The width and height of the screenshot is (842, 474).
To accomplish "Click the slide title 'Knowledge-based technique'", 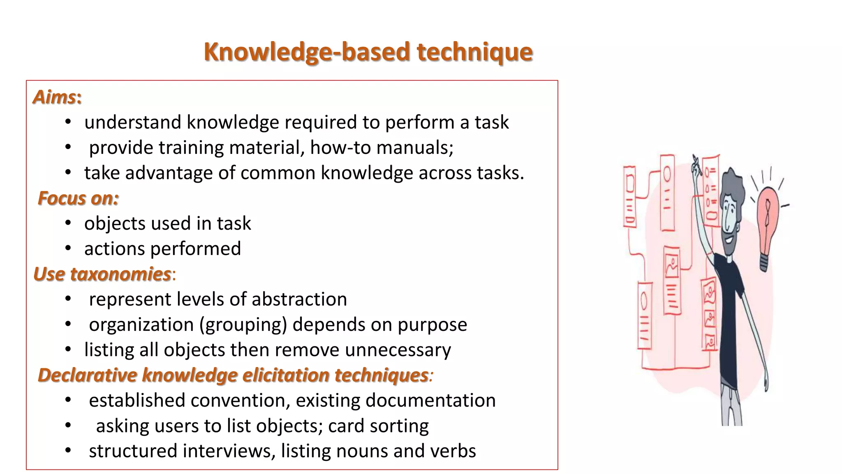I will [368, 52].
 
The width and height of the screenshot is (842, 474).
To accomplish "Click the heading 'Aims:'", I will [57, 98].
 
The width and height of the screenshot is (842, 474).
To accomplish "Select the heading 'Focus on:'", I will [78, 198].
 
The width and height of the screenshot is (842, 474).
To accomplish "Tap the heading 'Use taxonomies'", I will [102, 274].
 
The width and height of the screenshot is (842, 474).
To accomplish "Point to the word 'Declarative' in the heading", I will [88, 375].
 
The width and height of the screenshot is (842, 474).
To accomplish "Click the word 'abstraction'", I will [299, 299].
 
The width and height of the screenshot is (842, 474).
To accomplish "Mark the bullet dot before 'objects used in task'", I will [68, 223].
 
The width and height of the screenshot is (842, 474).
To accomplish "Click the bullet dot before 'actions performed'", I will [68, 249].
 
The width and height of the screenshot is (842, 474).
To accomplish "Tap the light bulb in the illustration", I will [767, 222].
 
